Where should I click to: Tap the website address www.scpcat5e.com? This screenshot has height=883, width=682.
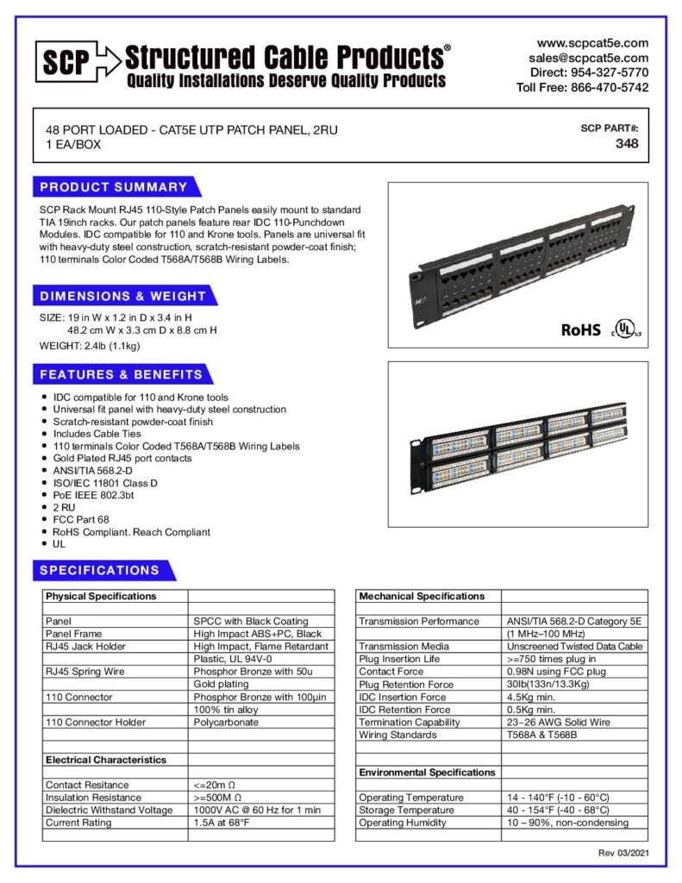(x=592, y=43)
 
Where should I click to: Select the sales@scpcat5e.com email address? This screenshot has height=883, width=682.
(x=589, y=58)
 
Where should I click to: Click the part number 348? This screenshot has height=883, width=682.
(x=627, y=143)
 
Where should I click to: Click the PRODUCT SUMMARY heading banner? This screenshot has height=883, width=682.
(x=115, y=187)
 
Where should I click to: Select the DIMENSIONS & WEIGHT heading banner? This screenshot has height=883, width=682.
(x=123, y=296)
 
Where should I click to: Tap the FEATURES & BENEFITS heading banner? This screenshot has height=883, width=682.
(x=122, y=374)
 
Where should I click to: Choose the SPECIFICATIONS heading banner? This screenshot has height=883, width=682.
(x=100, y=570)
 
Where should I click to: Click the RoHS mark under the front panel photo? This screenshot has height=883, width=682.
(x=580, y=329)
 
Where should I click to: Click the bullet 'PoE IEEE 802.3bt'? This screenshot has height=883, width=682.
(x=94, y=495)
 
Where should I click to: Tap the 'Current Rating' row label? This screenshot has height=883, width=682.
(x=78, y=823)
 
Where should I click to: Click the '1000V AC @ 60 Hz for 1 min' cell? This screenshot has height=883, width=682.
(x=257, y=810)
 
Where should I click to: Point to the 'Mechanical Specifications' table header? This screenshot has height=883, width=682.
(x=422, y=596)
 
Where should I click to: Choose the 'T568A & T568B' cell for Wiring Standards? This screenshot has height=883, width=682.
(x=541, y=735)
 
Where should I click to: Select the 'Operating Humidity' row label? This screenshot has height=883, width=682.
(x=403, y=823)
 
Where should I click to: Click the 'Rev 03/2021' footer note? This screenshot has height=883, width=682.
(x=623, y=853)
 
